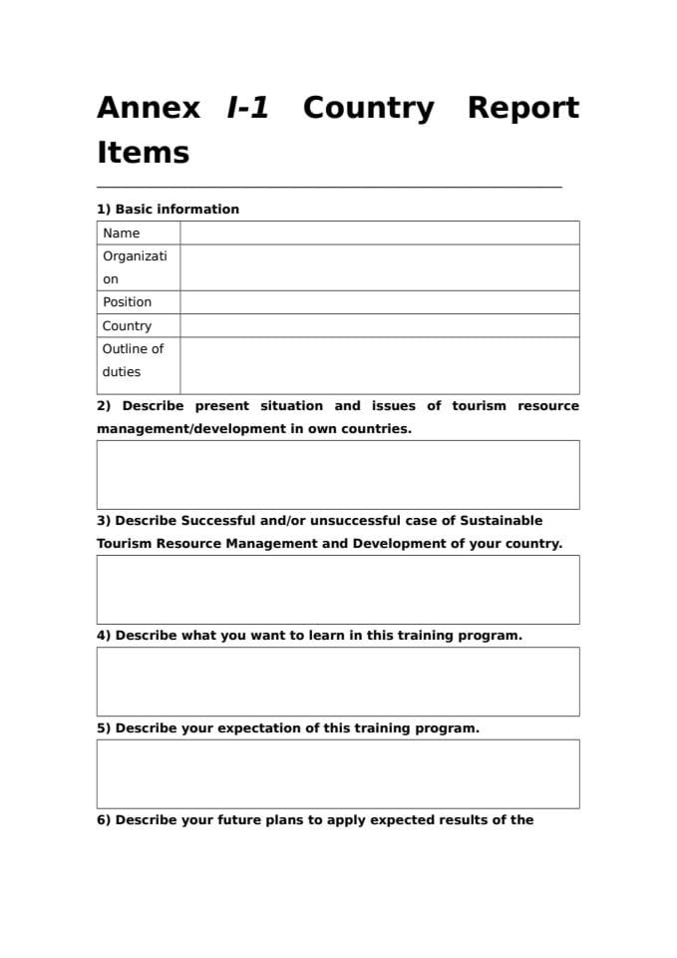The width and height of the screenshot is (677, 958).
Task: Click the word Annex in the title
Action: (149, 108)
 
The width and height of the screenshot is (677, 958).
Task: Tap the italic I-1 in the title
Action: (248, 108)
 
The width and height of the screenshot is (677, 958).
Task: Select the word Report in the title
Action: (522, 108)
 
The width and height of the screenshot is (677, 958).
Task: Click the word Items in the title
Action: (143, 153)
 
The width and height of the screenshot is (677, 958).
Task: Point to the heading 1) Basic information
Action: (168, 210)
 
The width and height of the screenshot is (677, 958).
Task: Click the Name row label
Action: (122, 234)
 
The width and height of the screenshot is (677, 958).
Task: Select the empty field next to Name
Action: (379, 234)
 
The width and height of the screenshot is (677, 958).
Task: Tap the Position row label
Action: (128, 302)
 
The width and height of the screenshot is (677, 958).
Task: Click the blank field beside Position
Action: (379, 302)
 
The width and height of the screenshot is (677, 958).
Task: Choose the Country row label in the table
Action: (128, 326)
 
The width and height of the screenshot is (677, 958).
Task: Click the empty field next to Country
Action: (379, 326)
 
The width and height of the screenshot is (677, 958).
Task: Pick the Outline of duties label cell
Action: (133, 360)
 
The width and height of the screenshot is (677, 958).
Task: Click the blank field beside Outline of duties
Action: (379, 365)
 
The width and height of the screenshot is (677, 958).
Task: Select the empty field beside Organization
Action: (379, 267)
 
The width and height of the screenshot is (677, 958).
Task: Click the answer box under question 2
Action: (338, 475)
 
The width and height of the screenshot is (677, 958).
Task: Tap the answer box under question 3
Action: (338, 590)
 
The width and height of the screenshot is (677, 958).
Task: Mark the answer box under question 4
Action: (338, 682)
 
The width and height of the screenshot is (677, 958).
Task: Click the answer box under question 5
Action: (338, 773)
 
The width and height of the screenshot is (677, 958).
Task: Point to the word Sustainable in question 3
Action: (502, 521)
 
